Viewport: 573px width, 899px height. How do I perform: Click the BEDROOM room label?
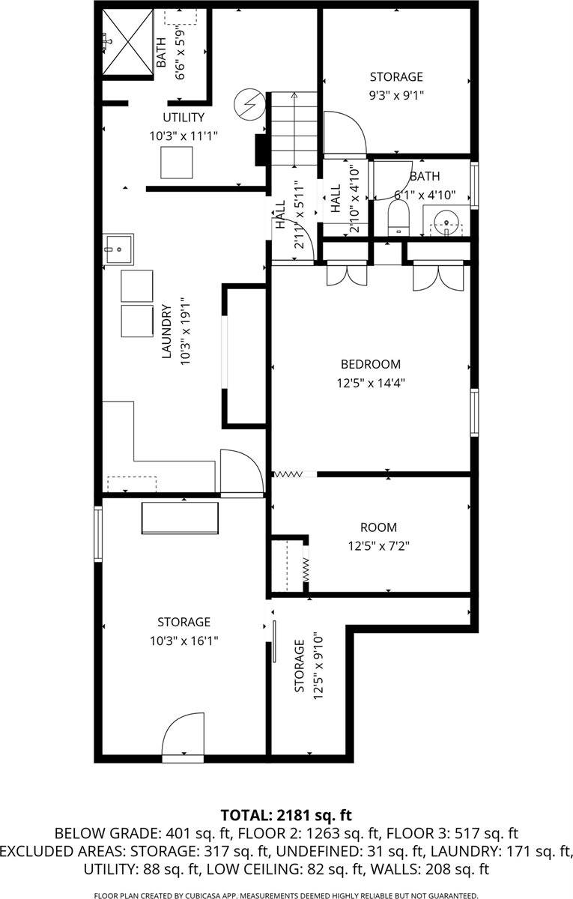(370, 365)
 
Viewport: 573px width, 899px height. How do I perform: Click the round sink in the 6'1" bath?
(447, 223)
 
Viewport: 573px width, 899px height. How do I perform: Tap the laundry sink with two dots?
(118, 249)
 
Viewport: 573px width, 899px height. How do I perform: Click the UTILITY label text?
(184, 118)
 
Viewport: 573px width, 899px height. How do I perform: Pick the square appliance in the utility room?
(177, 162)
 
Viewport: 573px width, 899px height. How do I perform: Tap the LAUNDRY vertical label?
(168, 333)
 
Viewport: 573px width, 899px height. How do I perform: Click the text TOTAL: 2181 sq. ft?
(286, 814)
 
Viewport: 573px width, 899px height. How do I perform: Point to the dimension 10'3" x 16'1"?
(184, 641)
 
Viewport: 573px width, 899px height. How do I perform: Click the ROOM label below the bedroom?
(378, 527)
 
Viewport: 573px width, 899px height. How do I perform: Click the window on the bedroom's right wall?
(474, 413)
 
